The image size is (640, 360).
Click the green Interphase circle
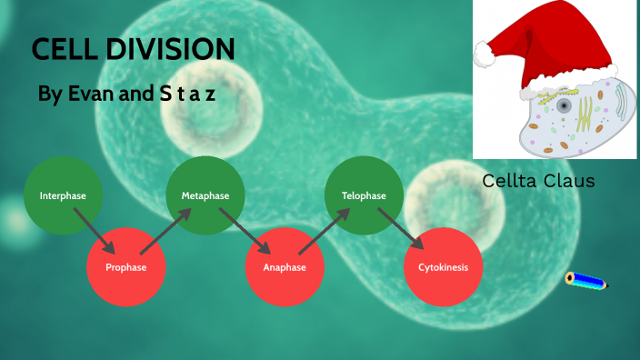[62, 195]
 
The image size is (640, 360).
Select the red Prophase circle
[125, 267]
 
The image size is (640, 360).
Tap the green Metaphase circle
[205, 195]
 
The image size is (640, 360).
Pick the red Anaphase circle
[285, 267]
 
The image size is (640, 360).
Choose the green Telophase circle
[364, 195]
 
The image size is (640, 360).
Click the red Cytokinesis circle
[443, 267]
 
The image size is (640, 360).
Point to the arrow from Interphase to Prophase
[95, 232]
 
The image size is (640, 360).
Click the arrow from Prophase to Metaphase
[165, 231]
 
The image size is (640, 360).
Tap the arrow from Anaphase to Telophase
[325, 231]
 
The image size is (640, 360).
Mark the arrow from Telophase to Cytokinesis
[404, 232]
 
